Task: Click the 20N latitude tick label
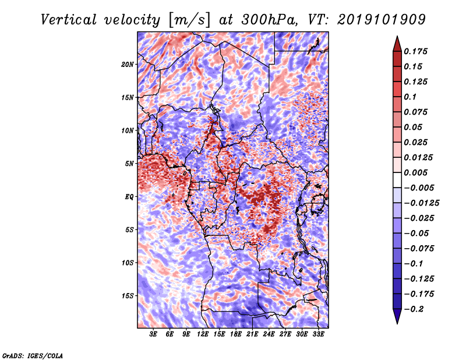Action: click(x=128, y=64)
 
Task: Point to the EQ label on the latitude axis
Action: click(x=130, y=196)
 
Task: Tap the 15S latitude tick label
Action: click(x=128, y=295)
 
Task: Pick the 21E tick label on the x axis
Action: click(x=252, y=335)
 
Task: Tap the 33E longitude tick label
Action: click(x=318, y=335)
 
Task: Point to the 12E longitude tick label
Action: click(x=203, y=335)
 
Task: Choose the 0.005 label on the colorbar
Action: click(x=416, y=172)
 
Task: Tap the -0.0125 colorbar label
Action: click(x=422, y=203)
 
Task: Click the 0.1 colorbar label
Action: click(x=411, y=97)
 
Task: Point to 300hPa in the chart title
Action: click(x=278, y=19)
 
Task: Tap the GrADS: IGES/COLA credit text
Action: click(x=33, y=355)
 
